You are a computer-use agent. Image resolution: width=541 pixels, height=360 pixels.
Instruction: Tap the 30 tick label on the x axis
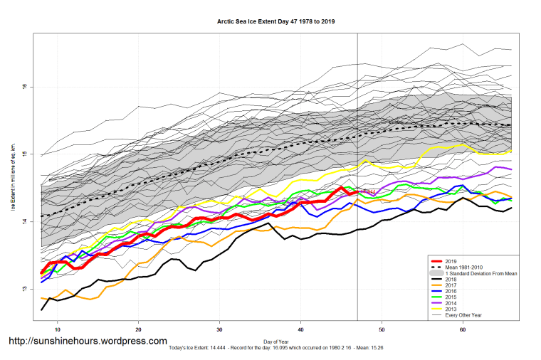(x=220, y=329)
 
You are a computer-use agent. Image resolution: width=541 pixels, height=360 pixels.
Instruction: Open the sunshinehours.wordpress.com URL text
(x=87, y=342)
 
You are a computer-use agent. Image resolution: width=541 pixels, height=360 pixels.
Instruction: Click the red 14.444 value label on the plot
(x=368, y=192)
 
